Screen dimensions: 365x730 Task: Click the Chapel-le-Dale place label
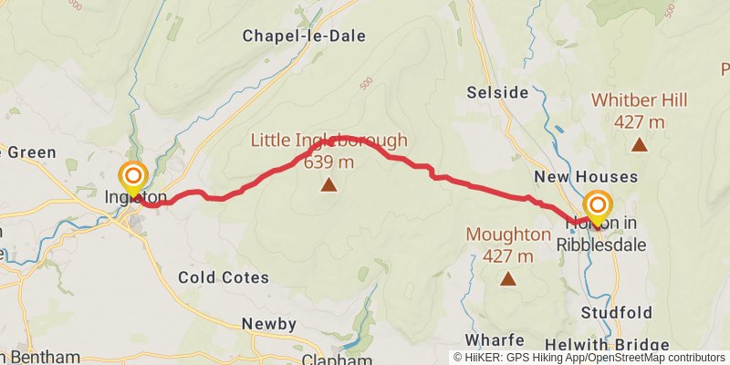coord(304,36)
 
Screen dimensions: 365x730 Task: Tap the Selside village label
coord(497,93)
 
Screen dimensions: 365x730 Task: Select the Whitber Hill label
coord(640,100)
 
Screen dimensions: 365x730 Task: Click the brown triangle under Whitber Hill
coord(640,144)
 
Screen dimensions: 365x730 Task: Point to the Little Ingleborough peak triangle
coord(328,186)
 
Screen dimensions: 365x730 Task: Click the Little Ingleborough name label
coord(329,141)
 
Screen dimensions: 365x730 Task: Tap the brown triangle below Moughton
coord(508,279)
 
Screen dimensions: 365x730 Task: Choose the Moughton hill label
coord(508,234)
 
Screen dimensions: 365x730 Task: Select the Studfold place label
coord(617,313)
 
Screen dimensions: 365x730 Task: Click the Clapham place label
coord(328,359)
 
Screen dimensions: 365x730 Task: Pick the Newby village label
coord(269,324)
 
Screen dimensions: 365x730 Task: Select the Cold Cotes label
coord(224,276)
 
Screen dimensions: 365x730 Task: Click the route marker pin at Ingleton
coord(133,176)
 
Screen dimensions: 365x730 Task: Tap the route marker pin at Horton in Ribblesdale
coord(598,204)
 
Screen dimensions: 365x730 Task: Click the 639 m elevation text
coord(328,162)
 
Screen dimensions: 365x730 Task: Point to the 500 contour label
coord(367,83)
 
